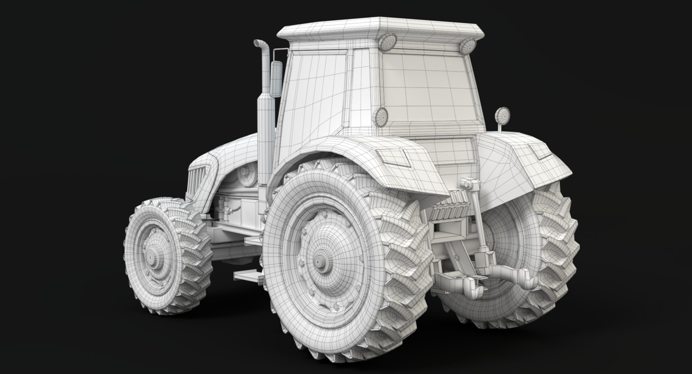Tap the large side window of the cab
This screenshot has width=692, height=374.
coord(314,97)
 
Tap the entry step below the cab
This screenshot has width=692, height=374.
coord(248,276)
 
